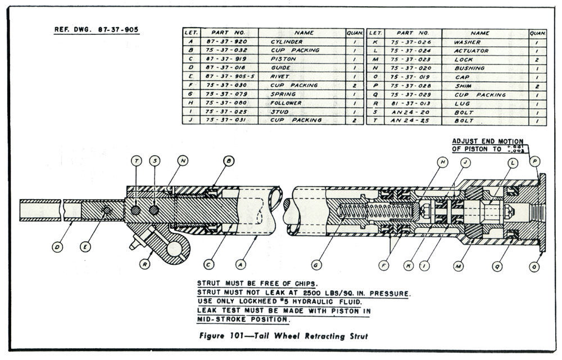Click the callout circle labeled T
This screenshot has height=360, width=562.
[136, 161]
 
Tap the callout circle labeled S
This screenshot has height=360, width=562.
[155, 161]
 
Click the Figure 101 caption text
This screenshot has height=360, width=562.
[283, 336]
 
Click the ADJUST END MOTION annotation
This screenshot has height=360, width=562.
[488, 141]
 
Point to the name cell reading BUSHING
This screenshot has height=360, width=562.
[469, 68]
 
